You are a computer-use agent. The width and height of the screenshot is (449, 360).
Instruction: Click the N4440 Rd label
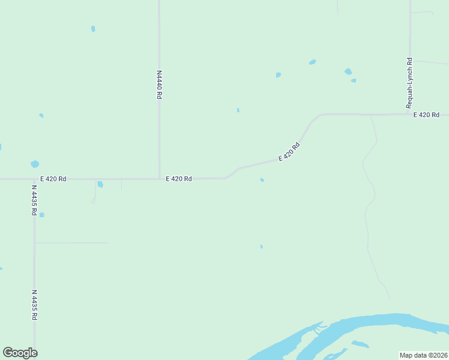tap(159, 85)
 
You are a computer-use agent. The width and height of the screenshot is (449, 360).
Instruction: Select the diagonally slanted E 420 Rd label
tap(289, 152)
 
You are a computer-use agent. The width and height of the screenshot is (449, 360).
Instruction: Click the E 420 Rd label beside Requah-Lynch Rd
tap(426, 115)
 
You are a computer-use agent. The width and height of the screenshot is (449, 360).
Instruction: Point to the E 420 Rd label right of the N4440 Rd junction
tap(179, 179)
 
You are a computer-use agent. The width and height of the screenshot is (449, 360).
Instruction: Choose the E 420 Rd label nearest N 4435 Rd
tap(53, 179)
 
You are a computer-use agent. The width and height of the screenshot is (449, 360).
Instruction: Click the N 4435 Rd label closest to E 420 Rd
tap(34, 200)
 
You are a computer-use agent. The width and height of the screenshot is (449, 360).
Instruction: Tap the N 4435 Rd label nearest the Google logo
tap(34, 305)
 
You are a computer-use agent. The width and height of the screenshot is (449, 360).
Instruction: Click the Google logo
tap(20, 353)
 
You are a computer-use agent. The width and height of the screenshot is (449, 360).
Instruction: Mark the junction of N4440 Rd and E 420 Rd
tap(159, 178)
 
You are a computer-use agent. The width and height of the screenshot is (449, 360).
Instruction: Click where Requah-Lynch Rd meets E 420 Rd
tap(409, 114)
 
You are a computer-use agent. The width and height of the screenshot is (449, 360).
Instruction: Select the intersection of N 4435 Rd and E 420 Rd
tap(34, 179)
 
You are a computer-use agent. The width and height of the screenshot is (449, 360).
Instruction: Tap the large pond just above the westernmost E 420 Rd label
tap(35, 164)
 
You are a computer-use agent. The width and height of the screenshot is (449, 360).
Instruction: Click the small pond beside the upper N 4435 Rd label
tap(41, 214)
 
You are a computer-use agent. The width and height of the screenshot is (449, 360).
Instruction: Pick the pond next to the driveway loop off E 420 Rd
tap(100, 184)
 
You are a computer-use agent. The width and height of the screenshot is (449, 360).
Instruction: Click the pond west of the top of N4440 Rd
tap(93, 29)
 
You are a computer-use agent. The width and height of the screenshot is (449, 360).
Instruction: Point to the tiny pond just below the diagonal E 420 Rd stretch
tap(262, 179)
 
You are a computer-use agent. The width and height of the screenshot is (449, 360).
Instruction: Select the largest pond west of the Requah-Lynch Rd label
tap(348, 71)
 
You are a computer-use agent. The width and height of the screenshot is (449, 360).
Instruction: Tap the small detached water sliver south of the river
tap(360, 344)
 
